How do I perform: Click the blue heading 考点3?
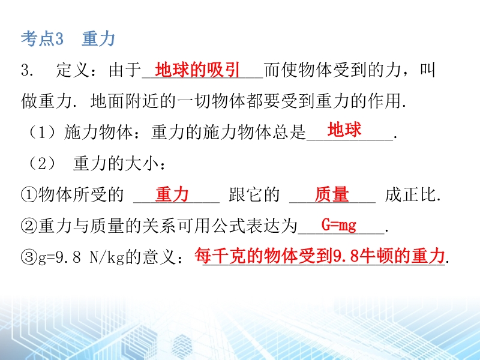pyautogui.click(x=42, y=39)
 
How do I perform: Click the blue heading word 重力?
pyautogui.click(x=98, y=39)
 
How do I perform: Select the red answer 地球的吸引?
pyautogui.click(x=197, y=70)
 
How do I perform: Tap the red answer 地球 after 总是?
pyautogui.click(x=344, y=129)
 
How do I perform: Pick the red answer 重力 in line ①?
pyautogui.click(x=172, y=194)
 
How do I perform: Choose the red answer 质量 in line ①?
pyautogui.click(x=332, y=194)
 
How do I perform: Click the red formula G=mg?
pyautogui.click(x=339, y=225)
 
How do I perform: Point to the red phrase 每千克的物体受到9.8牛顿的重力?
pyautogui.click(x=320, y=256)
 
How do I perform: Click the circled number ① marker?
pyautogui.click(x=29, y=194)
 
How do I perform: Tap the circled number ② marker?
pyautogui.click(x=29, y=226)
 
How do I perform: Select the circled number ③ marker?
pyautogui.click(x=29, y=257)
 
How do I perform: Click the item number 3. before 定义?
pyautogui.click(x=27, y=70)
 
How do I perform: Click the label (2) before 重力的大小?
pyautogui.click(x=42, y=163)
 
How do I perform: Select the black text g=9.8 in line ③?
pyautogui.click(x=59, y=257)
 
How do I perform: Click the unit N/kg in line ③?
pyautogui.click(x=107, y=257)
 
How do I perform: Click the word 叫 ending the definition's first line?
pyautogui.click(x=427, y=70)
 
